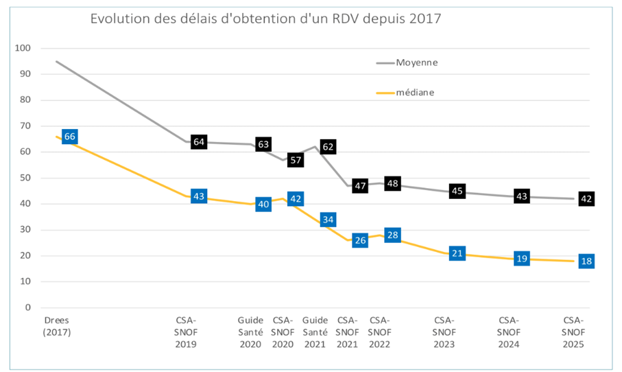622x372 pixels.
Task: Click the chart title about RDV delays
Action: (265, 19)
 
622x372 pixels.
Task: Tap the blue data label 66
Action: (69, 137)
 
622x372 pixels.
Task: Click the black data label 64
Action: (199, 142)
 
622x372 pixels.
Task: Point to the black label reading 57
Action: (296, 160)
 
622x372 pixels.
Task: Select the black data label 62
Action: (328, 147)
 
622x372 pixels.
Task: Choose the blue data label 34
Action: (328, 220)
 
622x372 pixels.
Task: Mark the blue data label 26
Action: (360, 240)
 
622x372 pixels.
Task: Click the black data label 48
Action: (392, 183)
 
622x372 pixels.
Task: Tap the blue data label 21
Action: (457, 253)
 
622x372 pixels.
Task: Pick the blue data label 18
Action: (586, 261)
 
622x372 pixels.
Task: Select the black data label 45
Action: (457, 191)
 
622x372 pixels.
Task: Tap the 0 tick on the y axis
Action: (29, 307)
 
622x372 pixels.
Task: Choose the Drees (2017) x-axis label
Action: (58, 327)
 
